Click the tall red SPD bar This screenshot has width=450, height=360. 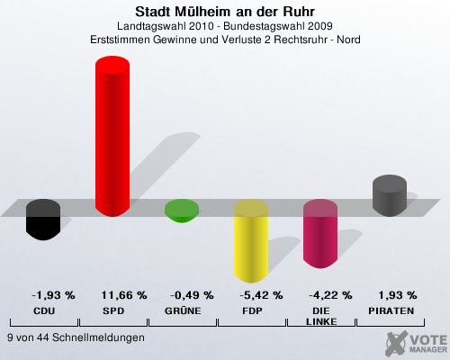112,136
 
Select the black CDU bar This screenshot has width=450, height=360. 43,220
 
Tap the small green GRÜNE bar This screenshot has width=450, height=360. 182,211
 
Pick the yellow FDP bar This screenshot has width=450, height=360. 251,241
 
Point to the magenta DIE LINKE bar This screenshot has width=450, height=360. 320,234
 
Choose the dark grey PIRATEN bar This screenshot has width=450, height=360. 390,195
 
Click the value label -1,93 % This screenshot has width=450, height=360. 53,295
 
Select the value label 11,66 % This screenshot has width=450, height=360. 124,295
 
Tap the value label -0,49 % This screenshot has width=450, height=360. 192,295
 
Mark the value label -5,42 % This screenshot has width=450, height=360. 261,295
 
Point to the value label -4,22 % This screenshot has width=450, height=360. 330,295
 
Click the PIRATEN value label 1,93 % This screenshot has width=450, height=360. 398,295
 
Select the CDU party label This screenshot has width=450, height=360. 44,311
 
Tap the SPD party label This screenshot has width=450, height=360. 113,311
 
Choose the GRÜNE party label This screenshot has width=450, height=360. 183,310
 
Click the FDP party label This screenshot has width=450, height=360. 252,311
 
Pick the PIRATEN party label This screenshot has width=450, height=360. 391,311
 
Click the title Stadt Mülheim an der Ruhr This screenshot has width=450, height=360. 225,12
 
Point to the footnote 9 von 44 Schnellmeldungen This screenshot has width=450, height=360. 76,337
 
